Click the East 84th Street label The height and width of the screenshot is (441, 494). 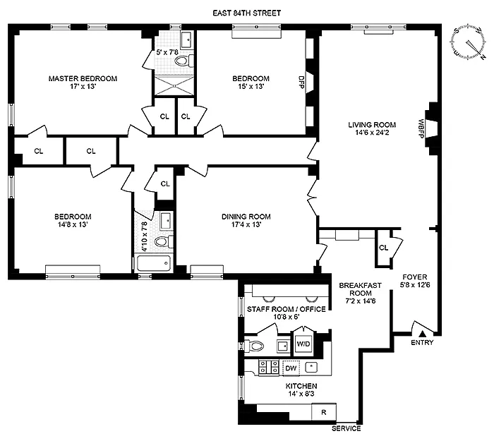(247, 11)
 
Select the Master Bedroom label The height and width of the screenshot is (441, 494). (83, 78)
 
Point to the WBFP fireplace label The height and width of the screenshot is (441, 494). (421, 128)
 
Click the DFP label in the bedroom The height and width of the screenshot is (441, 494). (302, 80)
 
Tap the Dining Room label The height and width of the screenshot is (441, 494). (246, 217)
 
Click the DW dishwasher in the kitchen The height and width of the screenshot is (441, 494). (290, 367)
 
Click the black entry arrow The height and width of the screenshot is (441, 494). (422, 333)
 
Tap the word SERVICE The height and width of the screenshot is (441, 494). (347, 429)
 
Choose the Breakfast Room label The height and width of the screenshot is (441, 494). (355, 289)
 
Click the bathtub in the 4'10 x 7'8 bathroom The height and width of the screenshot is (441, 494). (153, 265)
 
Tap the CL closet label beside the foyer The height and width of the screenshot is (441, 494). (383, 248)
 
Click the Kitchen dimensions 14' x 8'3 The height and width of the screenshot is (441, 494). (301, 395)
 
